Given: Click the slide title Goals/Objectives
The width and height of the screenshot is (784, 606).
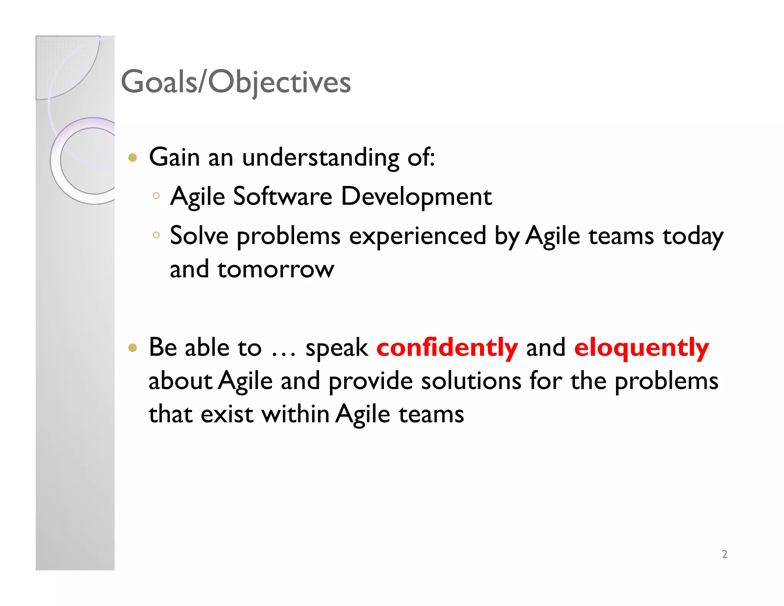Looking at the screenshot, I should tap(235, 82).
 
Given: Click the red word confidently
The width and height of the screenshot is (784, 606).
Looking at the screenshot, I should tap(447, 347).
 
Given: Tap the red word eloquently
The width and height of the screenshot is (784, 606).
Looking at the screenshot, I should tap(641, 347).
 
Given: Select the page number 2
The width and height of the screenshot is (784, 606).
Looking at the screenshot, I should tap(724, 554).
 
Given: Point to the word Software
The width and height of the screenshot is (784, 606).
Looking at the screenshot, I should tap(283, 197).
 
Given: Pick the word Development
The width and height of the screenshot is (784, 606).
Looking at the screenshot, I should tap(416, 197).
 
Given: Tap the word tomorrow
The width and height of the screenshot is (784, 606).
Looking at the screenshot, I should tap(276, 269).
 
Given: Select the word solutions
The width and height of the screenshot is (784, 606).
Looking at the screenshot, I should tap(471, 381).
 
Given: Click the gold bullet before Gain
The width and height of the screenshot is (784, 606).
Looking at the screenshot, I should tap(132, 158).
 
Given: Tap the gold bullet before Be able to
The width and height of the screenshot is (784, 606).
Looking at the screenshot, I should tap(132, 348).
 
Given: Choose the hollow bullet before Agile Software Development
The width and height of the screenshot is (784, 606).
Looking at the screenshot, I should tap(156, 196).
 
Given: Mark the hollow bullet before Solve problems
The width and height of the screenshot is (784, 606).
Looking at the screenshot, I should tap(156, 235).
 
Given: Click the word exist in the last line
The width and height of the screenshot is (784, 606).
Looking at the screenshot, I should tap(227, 414).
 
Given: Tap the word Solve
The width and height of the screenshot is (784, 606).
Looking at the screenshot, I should tap(199, 236).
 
